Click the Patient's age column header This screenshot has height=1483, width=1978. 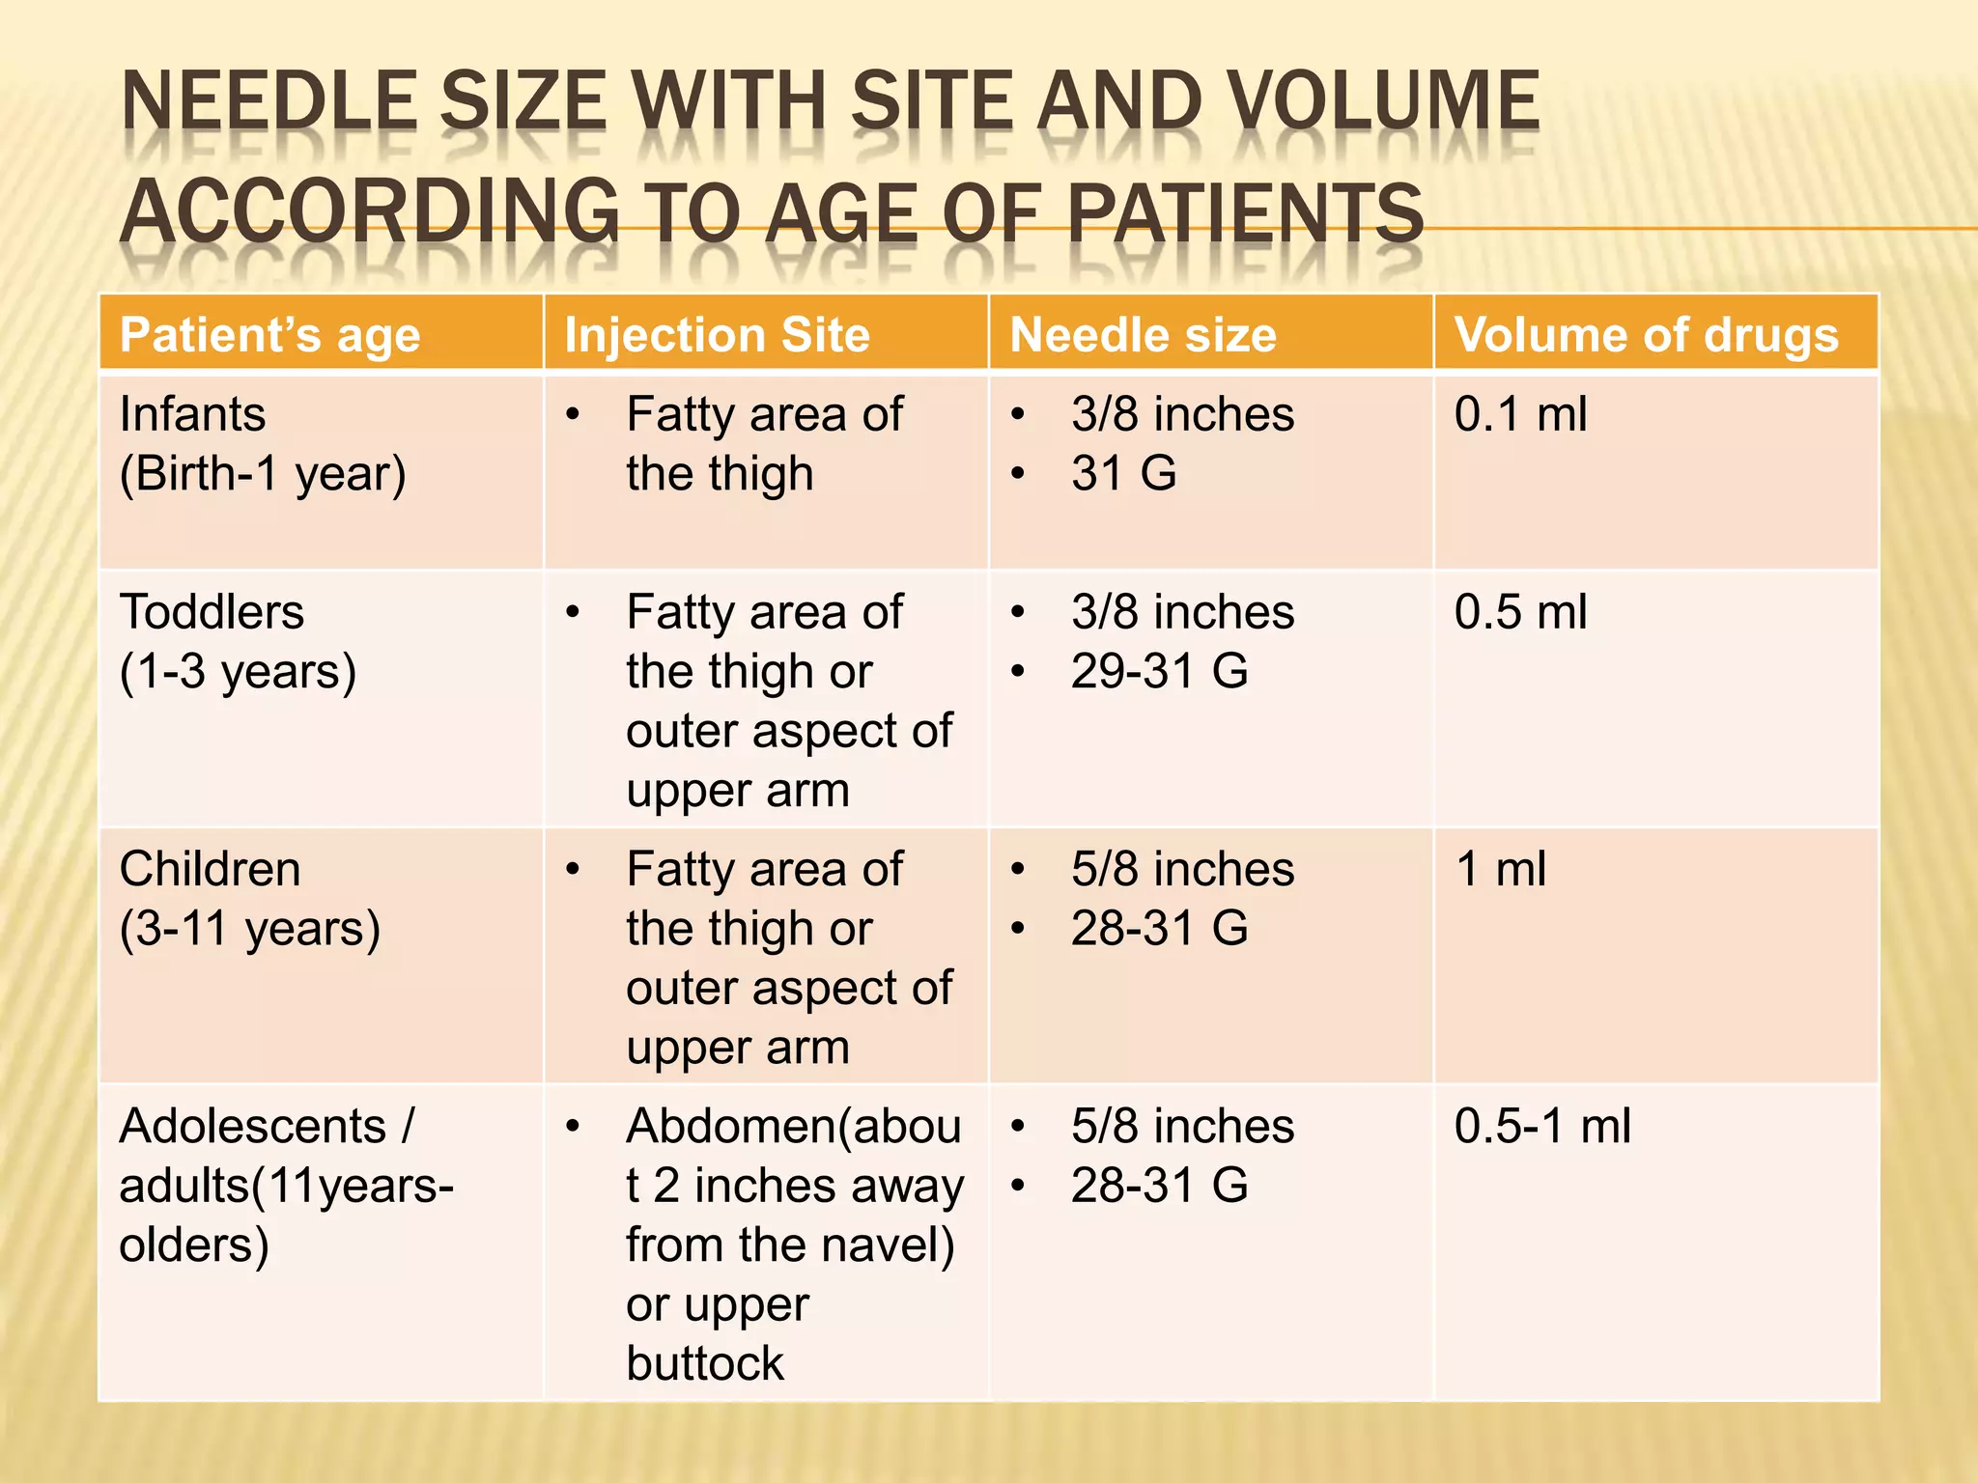click(x=269, y=336)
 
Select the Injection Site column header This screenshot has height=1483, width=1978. click(x=717, y=336)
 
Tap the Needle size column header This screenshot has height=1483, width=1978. click(x=1143, y=336)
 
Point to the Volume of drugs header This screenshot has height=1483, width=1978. click(x=1646, y=336)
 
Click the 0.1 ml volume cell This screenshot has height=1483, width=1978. click(x=1520, y=415)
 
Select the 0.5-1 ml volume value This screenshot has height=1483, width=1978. click(x=1542, y=1127)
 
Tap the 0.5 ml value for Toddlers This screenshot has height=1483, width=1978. click(x=1520, y=613)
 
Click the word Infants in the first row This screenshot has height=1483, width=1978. click(x=192, y=415)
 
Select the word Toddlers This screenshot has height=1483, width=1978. click(x=212, y=613)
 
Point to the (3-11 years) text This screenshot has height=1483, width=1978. click(x=249, y=929)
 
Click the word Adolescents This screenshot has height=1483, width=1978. click(x=253, y=1127)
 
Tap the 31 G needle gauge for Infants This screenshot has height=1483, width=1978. click(x=1123, y=474)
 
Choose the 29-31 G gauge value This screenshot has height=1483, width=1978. click(x=1159, y=672)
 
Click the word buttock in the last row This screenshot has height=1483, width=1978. click(x=705, y=1364)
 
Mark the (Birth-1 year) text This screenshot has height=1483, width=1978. click(x=262, y=474)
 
